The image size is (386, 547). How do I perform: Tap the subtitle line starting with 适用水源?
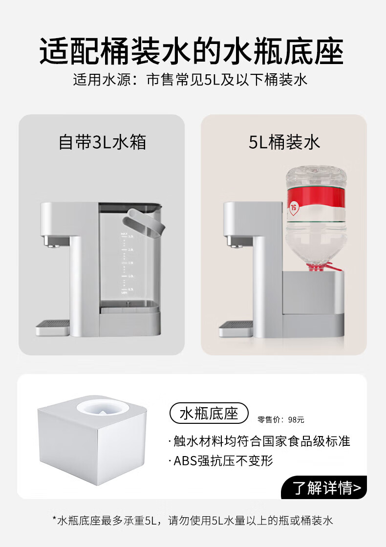(191, 79)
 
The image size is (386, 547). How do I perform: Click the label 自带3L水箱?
(102, 142)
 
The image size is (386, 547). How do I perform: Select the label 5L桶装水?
(284, 142)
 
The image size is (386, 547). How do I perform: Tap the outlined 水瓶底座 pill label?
(209, 414)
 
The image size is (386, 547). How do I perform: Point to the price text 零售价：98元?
(281, 420)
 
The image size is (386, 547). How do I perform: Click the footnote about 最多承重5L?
(193, 521)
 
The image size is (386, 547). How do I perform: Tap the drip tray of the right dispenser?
(236, 327)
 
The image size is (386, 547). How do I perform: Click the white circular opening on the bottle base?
(102, 407)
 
